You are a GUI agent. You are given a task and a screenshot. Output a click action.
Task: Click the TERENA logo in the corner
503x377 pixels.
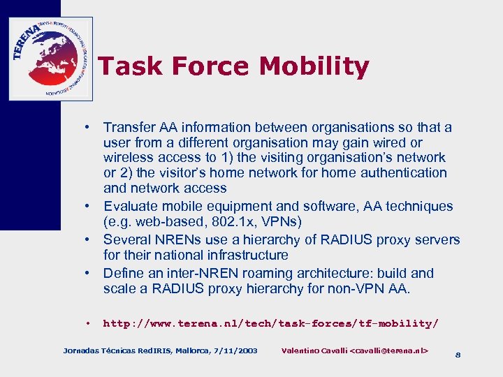tap(50, 59)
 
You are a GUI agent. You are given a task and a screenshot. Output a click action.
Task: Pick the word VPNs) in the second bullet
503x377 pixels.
tap(282, 222)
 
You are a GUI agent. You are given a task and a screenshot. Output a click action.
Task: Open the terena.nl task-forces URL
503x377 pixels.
tap(270, 324)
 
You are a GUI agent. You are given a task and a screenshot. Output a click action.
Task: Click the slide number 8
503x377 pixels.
tap(458, 355)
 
